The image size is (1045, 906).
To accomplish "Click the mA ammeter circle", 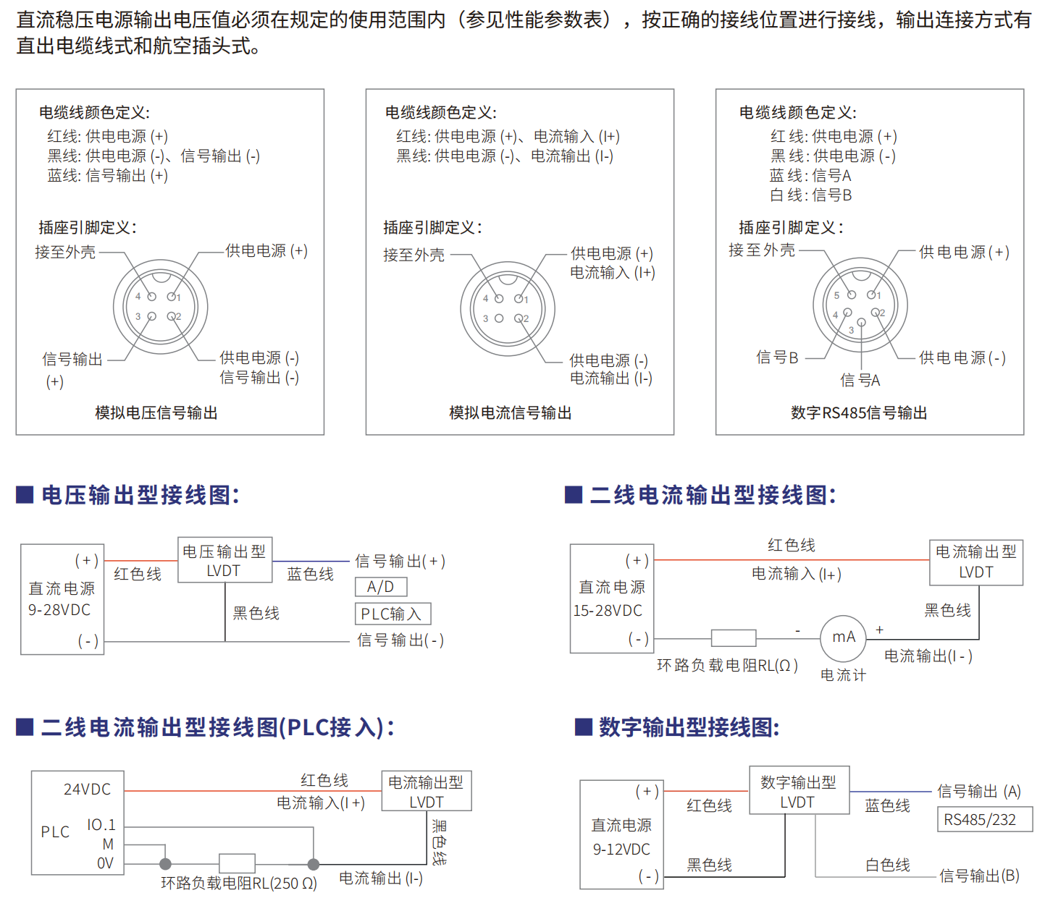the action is tap(843, 638).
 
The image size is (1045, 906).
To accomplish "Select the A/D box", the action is tap(381, 587).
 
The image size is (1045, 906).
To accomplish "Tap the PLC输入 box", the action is tap(393, 614).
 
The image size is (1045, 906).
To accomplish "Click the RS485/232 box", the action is tap(985, 819).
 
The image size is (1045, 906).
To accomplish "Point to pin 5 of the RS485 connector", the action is tap(852, 295).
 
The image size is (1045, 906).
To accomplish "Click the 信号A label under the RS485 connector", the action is tap(860, 380).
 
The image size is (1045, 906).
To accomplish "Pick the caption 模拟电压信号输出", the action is tap(156, 412).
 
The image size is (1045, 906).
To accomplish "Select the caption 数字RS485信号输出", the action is tap(859, 412).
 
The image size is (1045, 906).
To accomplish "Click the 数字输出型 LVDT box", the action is tap(800, 790).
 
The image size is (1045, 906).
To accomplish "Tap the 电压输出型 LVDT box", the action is tap(224, 560).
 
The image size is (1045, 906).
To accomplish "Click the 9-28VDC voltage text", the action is tap(59, 610).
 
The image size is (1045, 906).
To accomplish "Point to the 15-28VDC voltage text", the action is tap(608, 611).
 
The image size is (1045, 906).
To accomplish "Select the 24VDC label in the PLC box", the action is tap(87, 789).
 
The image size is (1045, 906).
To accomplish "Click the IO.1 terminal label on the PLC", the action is tap(101, 825).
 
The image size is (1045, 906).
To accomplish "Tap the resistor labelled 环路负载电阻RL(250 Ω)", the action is tap(237, 863).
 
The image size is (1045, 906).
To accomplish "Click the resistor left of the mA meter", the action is tap(734, 638).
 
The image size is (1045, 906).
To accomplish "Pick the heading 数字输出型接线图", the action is tap(689, 727).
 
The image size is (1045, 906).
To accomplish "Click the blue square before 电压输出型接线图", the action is tap(25, 494).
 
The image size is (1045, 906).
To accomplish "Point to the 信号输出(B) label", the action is tap(979, 876).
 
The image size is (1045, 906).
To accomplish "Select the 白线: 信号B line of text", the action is tap(810, 195).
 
